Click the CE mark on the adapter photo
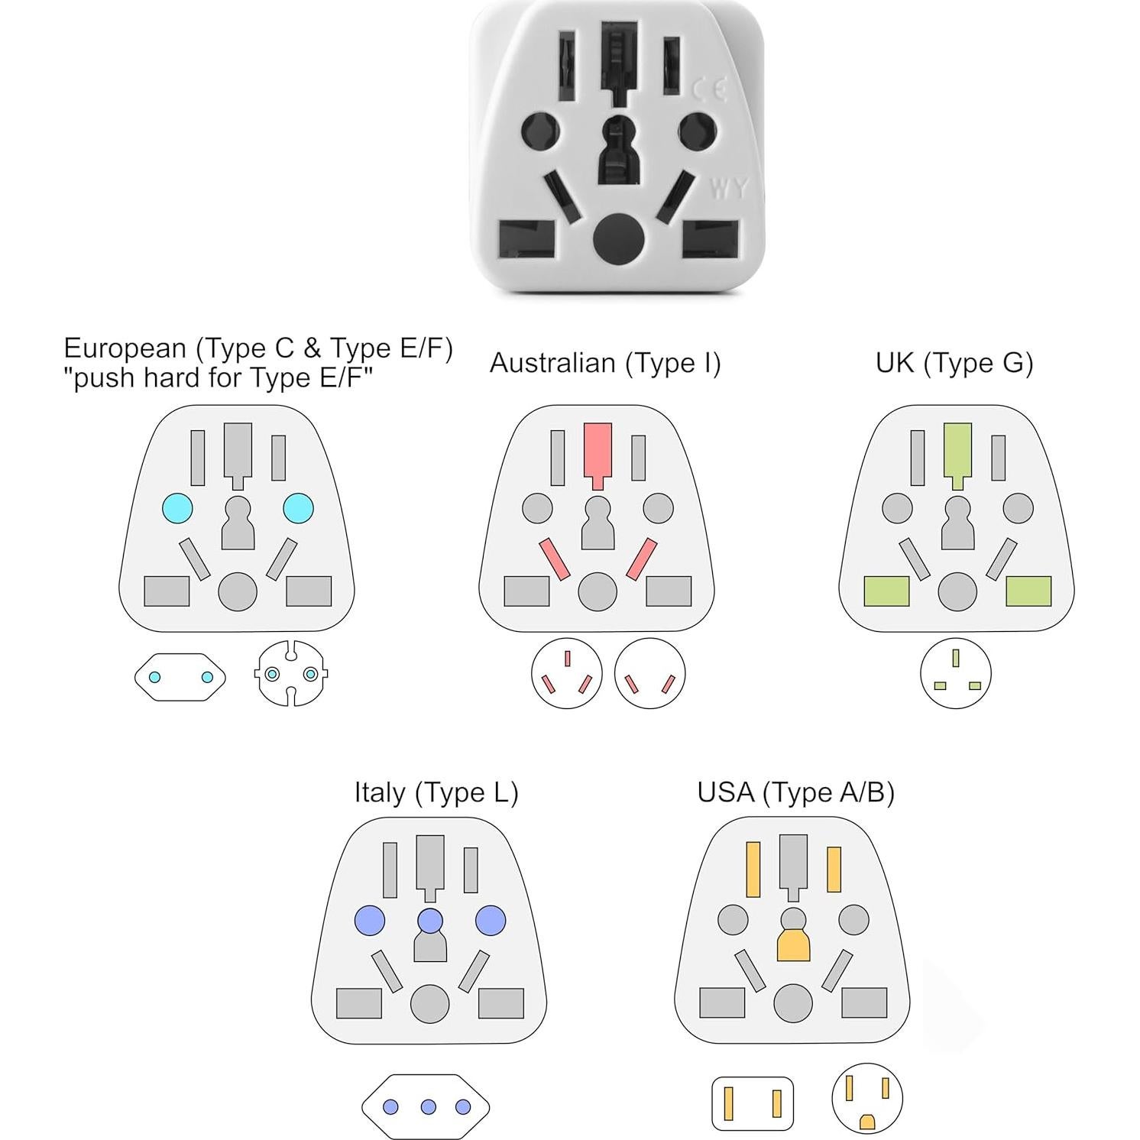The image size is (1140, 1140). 708,90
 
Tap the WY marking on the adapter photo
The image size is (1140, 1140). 728,188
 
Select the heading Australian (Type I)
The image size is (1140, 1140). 605,363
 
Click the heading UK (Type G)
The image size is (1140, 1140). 954,363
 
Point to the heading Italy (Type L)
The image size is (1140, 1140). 436,792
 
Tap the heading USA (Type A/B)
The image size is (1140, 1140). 795,792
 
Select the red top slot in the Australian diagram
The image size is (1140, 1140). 598,451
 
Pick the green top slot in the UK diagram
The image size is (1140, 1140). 957,451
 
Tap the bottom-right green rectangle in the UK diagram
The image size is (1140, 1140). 1028,591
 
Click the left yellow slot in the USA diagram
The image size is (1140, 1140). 753,870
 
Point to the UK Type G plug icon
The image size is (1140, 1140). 956,674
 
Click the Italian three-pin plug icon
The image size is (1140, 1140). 426,1106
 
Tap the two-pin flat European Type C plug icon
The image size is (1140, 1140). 180,677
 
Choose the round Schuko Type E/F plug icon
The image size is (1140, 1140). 291,674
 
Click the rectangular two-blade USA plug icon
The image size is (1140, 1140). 753,1103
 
